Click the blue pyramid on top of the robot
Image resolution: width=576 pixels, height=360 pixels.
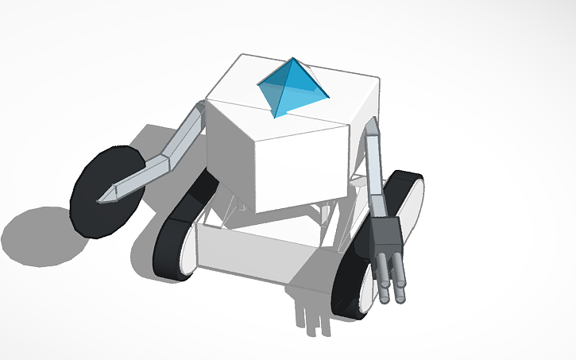tap(291, 87)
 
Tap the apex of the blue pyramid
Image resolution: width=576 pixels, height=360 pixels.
tap(292, 59)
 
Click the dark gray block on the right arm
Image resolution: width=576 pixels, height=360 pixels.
tap(387, 234)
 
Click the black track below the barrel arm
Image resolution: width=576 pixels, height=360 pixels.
tap(350, 286)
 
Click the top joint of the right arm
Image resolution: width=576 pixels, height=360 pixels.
tap(370, 127)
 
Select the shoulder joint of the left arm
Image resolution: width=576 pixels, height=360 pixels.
tap(199, 111)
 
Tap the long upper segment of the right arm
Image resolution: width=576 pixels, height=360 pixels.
tap(375, 175)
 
